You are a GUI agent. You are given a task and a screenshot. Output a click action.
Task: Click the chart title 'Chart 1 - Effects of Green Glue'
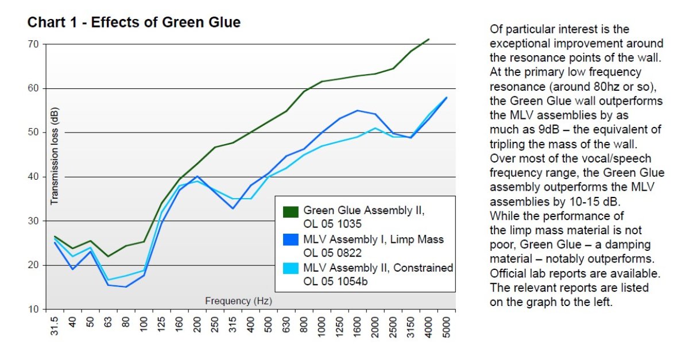coord(134,22)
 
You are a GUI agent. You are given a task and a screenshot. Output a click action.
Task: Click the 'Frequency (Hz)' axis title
coord(238,300)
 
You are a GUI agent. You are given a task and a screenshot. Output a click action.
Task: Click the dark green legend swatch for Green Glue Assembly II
coord(291,212)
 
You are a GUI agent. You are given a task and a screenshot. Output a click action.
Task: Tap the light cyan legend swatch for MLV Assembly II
coord(291,268)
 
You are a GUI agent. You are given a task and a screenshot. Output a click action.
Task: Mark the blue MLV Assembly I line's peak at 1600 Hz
coord(358,110)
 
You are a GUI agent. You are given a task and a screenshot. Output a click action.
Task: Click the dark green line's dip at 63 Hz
coord(108,256)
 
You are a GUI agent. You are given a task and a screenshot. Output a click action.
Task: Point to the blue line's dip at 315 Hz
coord(233,208)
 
